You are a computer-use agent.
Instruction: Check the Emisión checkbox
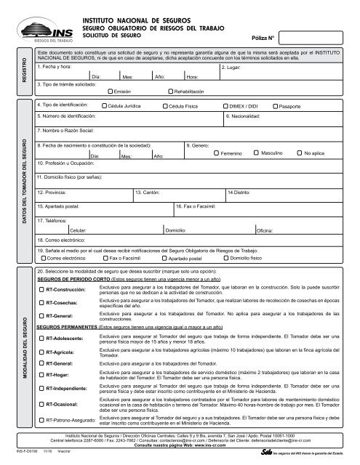[129, 92]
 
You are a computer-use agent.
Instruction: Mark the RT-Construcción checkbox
[41, 291]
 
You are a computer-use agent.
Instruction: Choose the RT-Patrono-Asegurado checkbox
[41, 419]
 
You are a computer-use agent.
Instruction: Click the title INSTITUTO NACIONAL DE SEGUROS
[135, 13]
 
